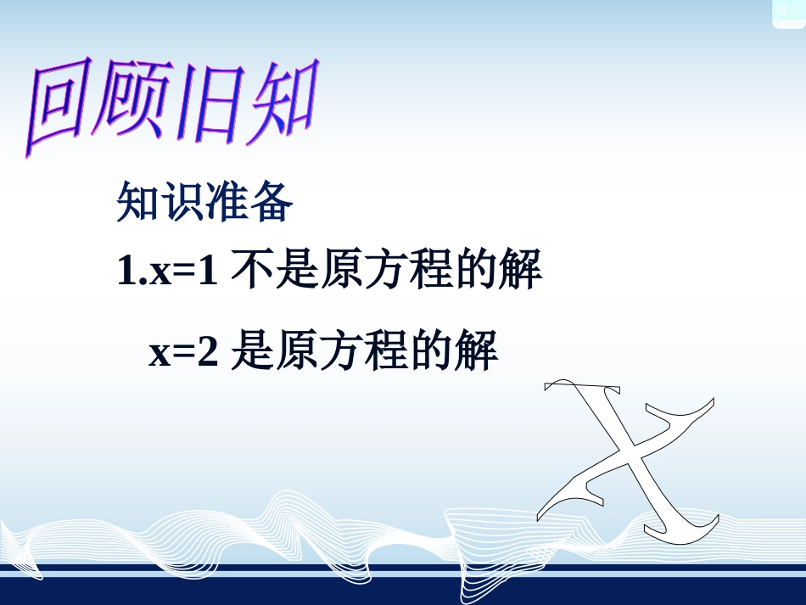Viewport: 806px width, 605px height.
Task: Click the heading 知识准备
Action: click(x=204, y=202)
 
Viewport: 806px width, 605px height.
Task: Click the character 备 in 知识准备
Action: click(x=272, y=202)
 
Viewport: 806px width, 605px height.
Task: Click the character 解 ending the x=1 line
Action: click(x=521, y=271)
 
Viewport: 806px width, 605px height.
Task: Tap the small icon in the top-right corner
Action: click(x=788, y=14)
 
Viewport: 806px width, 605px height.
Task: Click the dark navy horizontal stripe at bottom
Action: click(x=403, y=568)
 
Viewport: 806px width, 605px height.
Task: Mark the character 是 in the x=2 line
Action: click(x=251, y=351)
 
